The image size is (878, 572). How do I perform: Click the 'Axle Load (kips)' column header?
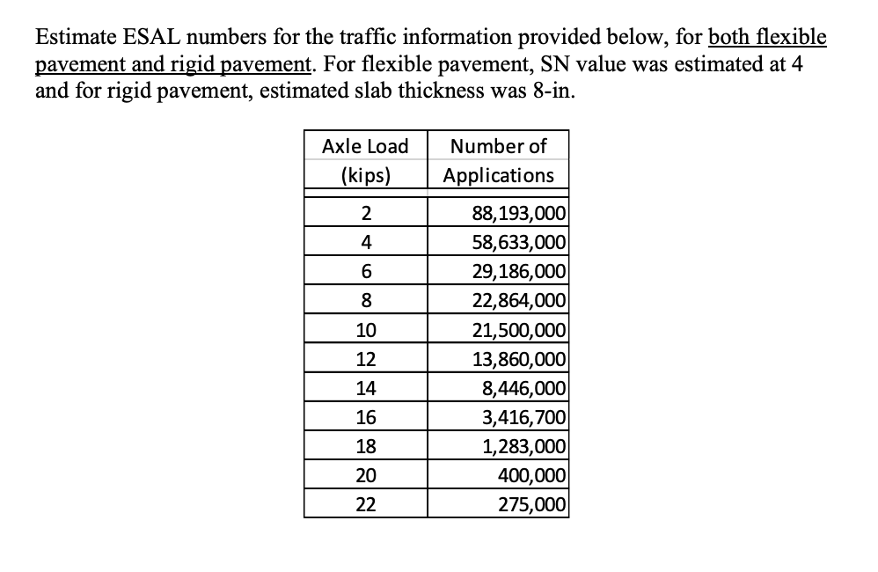(x=365, y=159)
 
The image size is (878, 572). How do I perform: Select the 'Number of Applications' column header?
(x=498, y=159)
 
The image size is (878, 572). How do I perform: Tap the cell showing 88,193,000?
(x=518, y=212)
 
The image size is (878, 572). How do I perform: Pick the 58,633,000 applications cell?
(x=518, y=241)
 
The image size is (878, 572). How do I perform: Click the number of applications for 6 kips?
(x=518, y=270)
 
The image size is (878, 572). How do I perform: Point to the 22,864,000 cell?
(x=518, y=299)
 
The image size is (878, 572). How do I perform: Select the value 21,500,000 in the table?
(x=518, y=329)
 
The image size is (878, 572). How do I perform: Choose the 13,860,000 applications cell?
(x=518, y=358)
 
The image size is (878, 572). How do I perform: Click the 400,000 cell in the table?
(x=531, y=475)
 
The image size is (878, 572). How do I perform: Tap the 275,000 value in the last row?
(x=531, y=504)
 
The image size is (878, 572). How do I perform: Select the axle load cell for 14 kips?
(x=365, y=387)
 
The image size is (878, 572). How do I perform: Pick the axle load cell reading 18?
(x=365, y=446)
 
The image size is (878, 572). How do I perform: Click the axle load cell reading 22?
(x=365, y=504)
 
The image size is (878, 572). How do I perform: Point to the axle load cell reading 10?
(x=365, y=329)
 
